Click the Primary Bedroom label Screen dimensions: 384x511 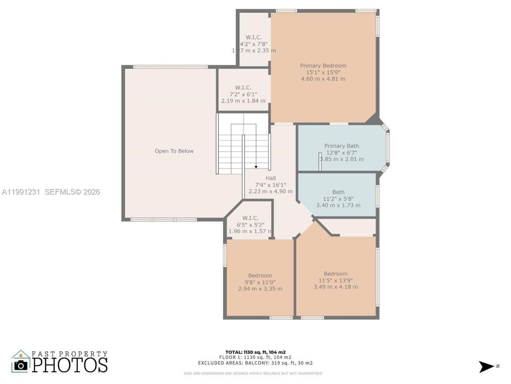click(x=323, y=66)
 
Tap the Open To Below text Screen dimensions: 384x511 click(x=174, y=151)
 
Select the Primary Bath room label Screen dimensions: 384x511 click(x=341, y=146)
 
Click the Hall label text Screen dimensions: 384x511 click(x=271, y=178)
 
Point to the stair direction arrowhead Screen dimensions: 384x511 click(x=256, y=167)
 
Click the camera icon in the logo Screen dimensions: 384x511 click(x=21, y=365)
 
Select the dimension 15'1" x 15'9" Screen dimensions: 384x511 click(x=323, y=72)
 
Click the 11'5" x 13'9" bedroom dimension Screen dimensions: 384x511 click(x=335, y=280)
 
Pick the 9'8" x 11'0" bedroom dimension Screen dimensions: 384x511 click(x=260, y=282)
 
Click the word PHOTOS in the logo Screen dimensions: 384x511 click(x=70, y=365)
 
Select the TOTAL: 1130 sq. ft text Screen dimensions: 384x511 click(x=255, y=352)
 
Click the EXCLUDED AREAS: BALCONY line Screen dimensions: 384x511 click(x=255, y=363)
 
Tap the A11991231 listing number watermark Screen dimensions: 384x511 click(x=21, y=192)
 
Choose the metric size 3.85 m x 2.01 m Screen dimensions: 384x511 click(x=342, y=159)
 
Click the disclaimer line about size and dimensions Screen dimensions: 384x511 click(x=253, y=374)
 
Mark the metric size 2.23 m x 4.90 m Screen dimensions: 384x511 click(x=271, y=192)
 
